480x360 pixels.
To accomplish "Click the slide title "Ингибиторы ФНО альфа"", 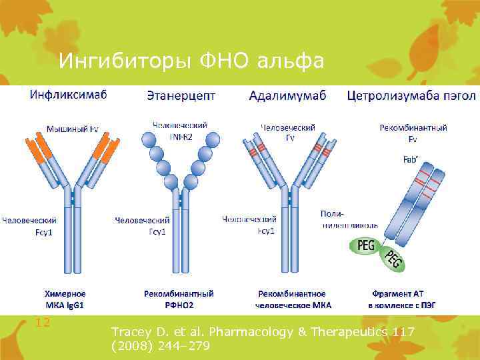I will pos(191,61).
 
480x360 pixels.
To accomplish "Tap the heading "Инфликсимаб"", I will pos(68,95).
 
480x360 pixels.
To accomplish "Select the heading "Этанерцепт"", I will pos(181,96).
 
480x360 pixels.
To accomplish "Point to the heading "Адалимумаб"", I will pos(287,96).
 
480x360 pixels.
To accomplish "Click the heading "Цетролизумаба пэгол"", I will pos(411,96).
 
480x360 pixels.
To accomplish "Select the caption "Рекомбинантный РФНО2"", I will pos(179,299).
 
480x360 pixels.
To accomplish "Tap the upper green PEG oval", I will pos(366,246).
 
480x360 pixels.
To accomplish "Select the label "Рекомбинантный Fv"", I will pos(413,132).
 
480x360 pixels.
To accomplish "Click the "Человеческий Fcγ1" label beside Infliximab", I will pos(29,225).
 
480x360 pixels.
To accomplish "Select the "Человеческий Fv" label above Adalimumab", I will pos(288,132).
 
